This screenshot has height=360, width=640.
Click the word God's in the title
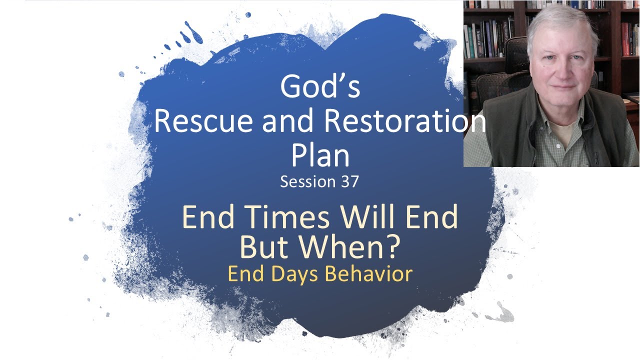coord(320,86)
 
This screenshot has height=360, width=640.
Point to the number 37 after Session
coord(349,181)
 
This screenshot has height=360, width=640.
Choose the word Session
coord(307,181)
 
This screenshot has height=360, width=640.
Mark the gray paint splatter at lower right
coord(500,313)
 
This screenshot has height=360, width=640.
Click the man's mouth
coord(563,86)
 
